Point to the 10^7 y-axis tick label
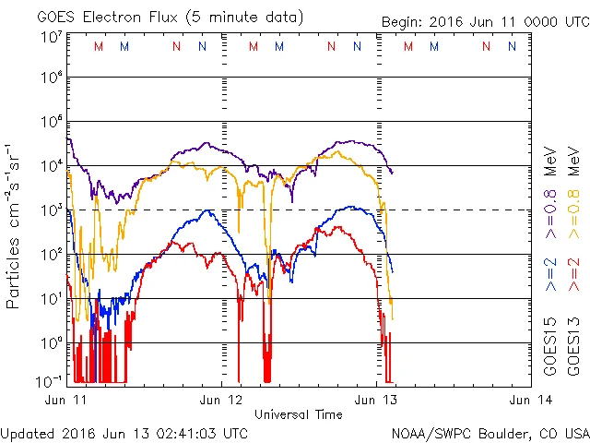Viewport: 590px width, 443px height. coord(51,36)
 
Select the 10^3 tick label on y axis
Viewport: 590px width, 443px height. coord(51,210)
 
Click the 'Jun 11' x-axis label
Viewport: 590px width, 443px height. coord(65,400)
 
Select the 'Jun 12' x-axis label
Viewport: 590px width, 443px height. coord(221,400)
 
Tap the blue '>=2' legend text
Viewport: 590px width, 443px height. coord(550,274)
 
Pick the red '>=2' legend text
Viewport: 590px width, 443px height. coord(574,274)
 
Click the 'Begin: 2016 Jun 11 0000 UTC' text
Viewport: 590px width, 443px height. coord(481,22)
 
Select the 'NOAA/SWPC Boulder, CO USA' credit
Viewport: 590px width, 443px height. coord(490,432)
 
